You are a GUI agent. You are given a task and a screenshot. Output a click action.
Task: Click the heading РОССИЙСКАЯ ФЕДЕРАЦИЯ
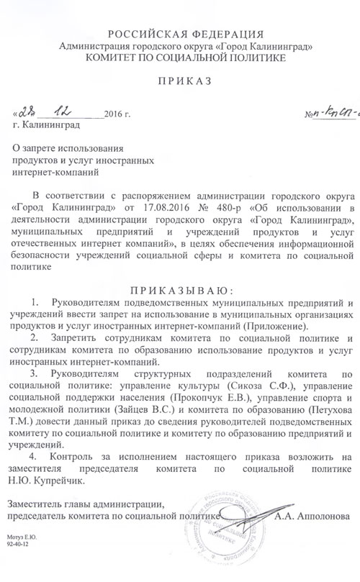coord(180,34)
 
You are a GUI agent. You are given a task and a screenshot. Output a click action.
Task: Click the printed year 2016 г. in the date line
coord(118,115)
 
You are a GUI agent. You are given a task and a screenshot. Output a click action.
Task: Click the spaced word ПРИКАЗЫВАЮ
coord(180,289)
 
